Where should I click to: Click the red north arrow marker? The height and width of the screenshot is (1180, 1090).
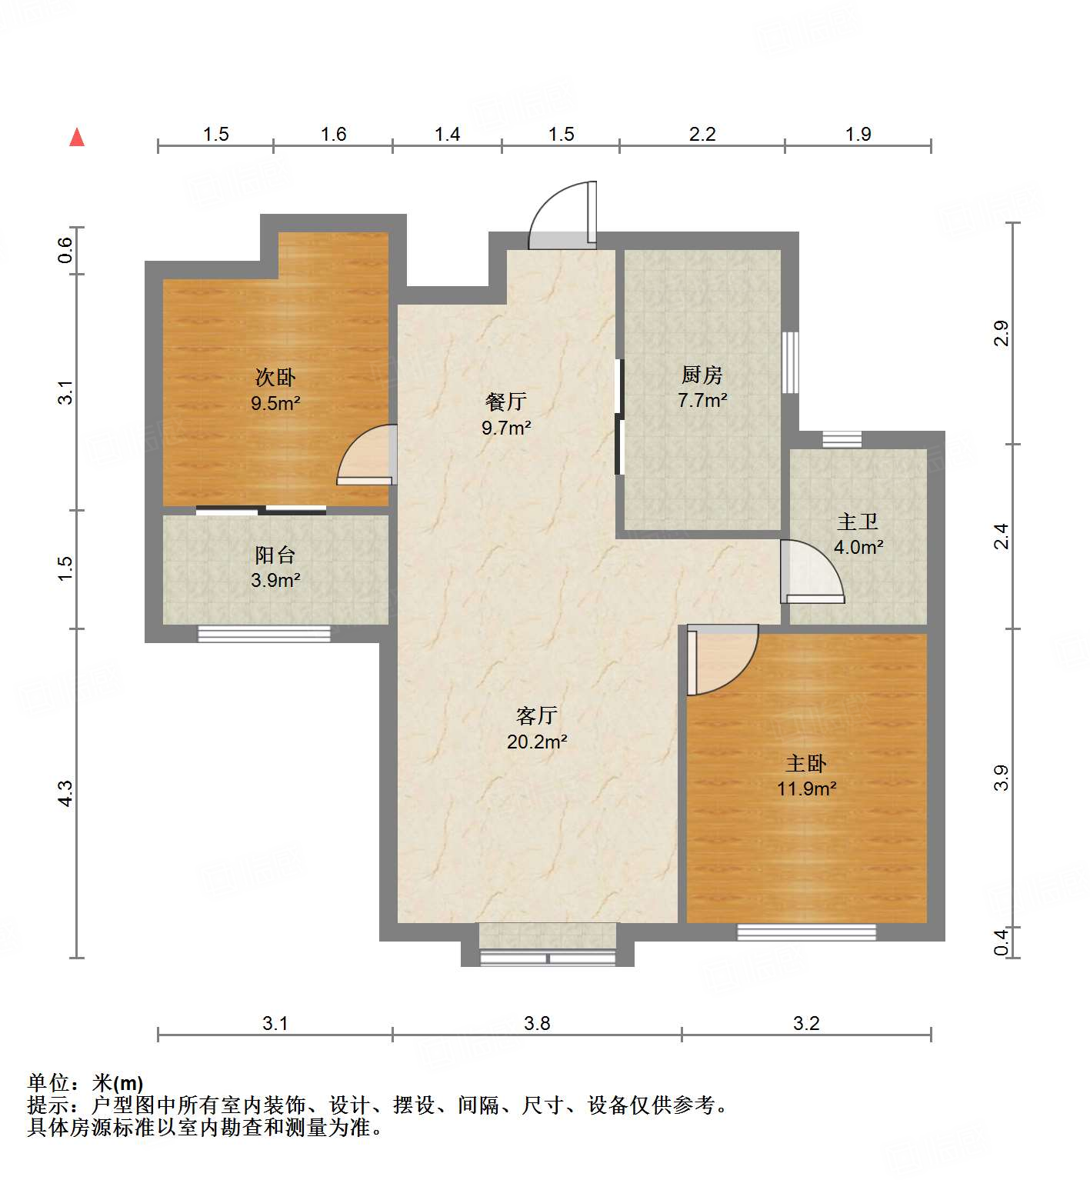77,138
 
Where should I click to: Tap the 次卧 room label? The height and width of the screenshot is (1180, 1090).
275,378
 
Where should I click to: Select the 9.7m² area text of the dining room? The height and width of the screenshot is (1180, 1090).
506,428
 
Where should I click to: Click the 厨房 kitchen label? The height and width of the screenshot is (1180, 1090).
702,375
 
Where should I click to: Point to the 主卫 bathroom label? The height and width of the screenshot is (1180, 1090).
858,522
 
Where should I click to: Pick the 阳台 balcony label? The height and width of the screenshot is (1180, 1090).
275,555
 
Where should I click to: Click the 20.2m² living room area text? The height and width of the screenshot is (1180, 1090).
537,742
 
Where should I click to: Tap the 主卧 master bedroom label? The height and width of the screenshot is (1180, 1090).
805,764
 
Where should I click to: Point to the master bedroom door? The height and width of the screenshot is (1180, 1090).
719,660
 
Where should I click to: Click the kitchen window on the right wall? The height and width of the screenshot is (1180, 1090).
790,362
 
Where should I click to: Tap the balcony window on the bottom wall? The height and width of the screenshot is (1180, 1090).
264,634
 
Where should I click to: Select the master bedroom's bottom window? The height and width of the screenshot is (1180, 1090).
806,932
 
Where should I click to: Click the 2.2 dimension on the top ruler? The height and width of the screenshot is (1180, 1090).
702,135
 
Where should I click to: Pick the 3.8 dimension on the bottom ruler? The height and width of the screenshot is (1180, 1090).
537,1023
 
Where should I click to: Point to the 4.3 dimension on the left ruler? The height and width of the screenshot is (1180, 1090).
66,793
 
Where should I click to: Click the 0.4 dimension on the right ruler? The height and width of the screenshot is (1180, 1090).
1001,942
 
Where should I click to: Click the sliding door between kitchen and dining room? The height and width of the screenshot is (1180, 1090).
619,417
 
